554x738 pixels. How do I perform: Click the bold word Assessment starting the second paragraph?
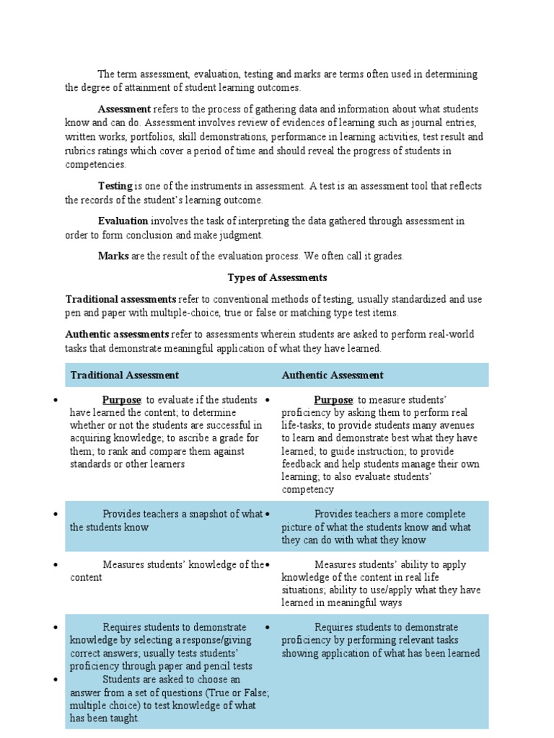tap(124, 109)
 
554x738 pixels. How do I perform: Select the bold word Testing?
tap(115, 186)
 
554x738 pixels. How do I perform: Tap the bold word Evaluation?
tap(123, 221)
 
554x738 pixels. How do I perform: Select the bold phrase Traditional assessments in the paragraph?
tap(120, 298)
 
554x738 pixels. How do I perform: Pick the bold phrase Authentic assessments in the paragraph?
tap(117, 334)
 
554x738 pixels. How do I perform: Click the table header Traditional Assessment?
tap(124, 375)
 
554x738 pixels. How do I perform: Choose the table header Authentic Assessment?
tap(333, 375)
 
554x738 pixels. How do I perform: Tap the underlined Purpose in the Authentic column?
tap(333, 400)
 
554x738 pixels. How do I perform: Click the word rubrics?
tap(80, 150)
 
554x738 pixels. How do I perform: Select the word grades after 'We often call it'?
tap(389, 256)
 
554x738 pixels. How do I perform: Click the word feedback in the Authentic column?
tap(303, 464)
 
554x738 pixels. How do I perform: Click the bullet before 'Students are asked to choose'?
tap(55, 680)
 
